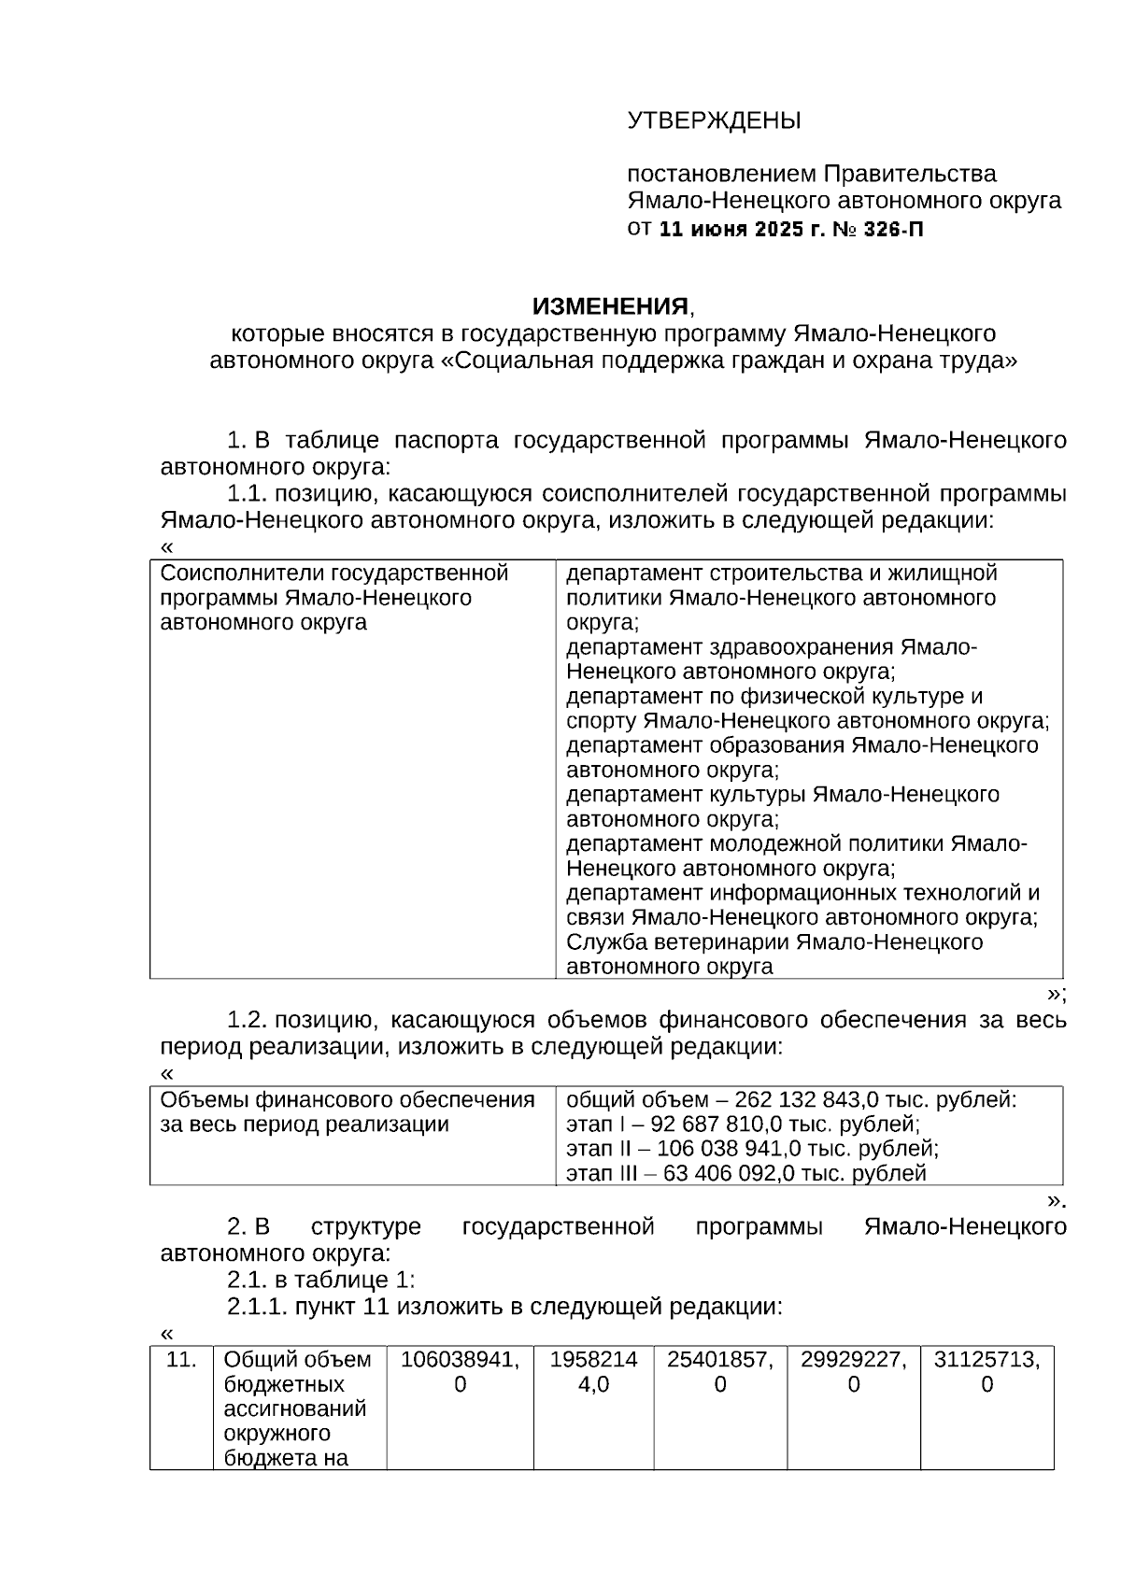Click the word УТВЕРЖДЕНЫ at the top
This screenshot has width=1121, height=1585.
coord(714,121)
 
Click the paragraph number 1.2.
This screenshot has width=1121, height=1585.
coord(248,1020)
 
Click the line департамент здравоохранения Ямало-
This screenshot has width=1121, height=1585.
coord(772,647)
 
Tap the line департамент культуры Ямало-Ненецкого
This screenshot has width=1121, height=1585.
coord(782,795)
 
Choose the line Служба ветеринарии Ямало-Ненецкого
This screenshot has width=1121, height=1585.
coord(774,942)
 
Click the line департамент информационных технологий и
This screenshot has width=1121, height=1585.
coord(802,893)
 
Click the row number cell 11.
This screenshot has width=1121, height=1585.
coord(180,1359)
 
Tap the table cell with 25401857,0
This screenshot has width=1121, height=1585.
coord(719,1371)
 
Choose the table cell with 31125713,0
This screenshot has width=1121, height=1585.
coord(986,1371)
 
